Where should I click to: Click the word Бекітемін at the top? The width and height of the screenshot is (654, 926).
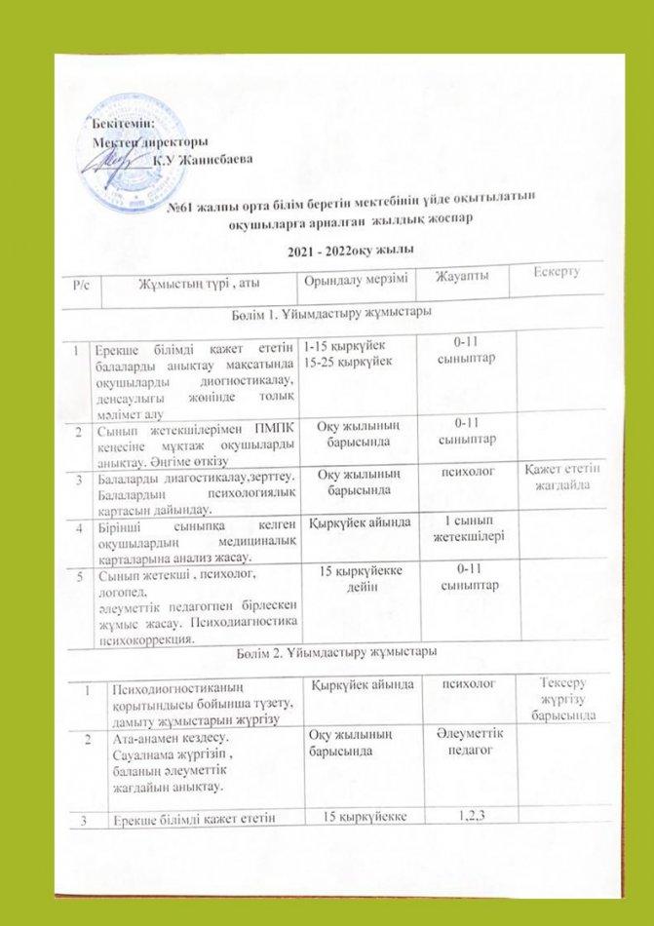[124, 121]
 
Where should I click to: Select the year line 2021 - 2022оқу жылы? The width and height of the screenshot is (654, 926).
[335, 251]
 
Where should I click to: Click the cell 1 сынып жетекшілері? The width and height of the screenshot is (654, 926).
[472, 532]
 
